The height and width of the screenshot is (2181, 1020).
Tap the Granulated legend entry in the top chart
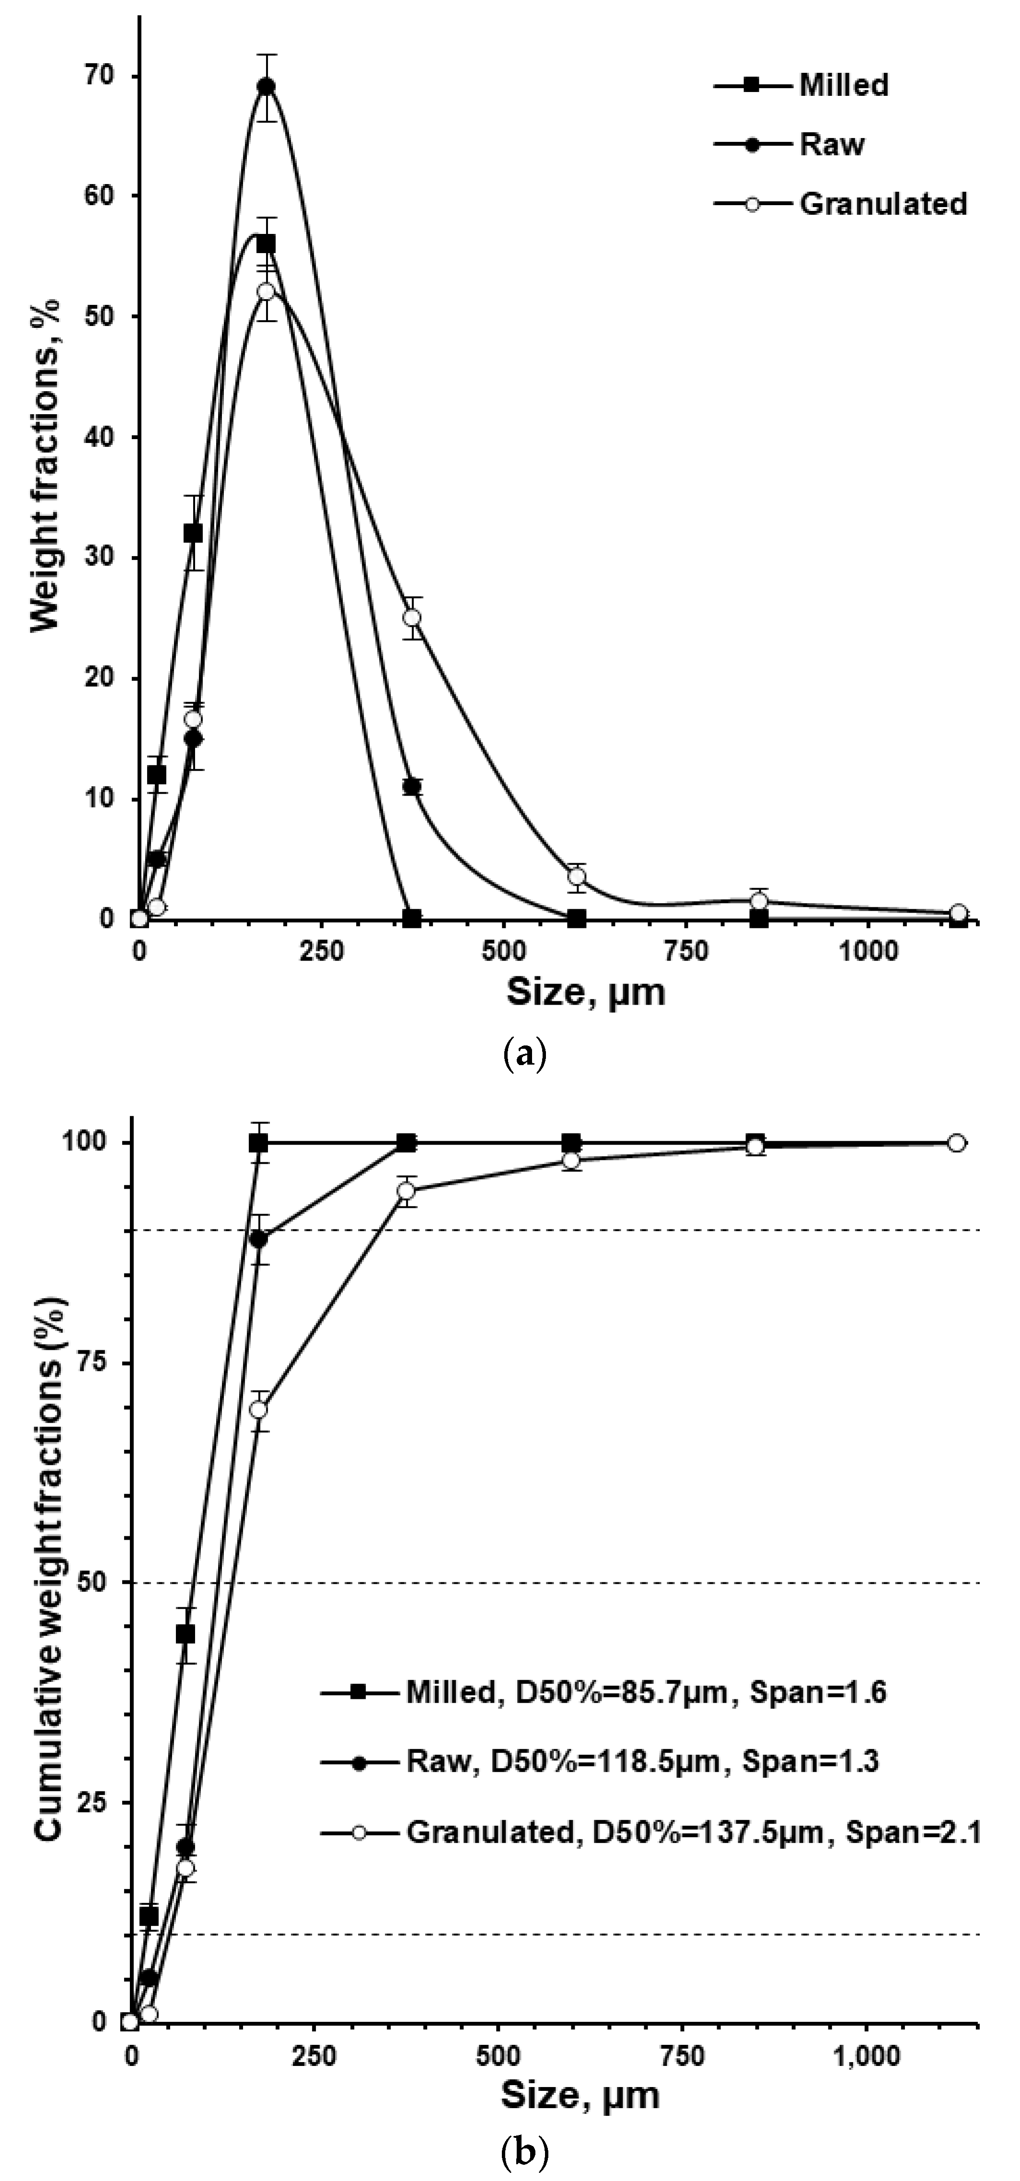[882, 204]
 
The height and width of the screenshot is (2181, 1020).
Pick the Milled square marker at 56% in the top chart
[267, 244]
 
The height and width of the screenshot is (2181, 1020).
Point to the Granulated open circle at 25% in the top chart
[411, 617]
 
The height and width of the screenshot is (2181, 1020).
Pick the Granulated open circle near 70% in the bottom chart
[259, 1410]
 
